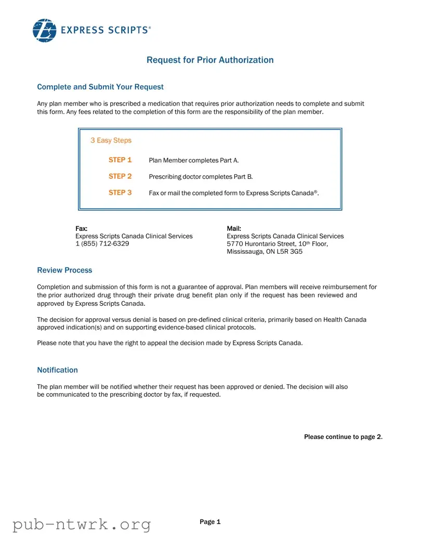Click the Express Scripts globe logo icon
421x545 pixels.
click(44, 30)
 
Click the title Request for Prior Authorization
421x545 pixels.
click(210, 60)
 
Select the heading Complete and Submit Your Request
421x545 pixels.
click(100, 87)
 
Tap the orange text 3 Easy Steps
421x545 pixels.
click(111, 140)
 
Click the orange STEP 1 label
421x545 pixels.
click(120, 160)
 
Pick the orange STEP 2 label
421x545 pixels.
click(120, 176)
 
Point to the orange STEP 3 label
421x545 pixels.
click(120, 192)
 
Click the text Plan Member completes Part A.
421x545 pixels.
click(193, 161)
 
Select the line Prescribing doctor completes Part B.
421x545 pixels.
click(201, 177)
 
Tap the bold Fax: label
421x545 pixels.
click(81, 228)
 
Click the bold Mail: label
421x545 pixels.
click(234, 228)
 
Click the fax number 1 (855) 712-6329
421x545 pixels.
click(102, 243)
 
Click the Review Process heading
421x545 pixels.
click(64, 270)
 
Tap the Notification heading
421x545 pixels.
click(57, 370)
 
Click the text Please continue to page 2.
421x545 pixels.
click(343, 437)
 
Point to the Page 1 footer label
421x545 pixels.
click(210, 522)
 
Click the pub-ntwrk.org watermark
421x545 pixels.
click(82, 524)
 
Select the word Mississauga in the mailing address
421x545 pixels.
click(247, 251)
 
